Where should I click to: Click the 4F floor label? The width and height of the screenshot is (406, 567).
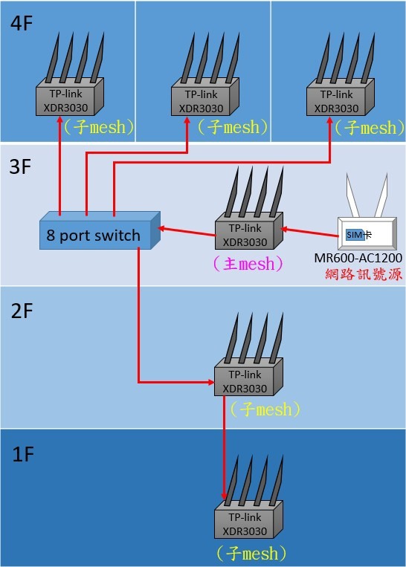coord(22,24)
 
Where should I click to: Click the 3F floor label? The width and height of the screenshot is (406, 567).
coord(20,166)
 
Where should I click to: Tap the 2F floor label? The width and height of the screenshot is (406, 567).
coord(22,311)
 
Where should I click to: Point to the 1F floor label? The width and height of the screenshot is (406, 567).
coord(23,454)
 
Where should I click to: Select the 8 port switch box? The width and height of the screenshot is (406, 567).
coord(100,230)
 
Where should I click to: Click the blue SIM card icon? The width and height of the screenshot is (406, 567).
coord(355,235)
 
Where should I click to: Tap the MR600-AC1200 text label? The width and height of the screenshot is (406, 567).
coord(358,258)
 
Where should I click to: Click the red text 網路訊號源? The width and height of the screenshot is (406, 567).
coord(364,274)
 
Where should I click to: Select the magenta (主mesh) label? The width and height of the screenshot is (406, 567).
coord(248,263)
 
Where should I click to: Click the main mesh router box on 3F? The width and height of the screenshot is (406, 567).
coord(249,230)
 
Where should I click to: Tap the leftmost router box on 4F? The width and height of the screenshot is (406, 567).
coord(69,97)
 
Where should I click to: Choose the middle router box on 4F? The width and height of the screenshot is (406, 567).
coord(204,97)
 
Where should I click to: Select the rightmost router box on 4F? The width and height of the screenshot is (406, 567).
coord(340,97)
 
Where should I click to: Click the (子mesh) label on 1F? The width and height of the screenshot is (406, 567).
coord(251,554)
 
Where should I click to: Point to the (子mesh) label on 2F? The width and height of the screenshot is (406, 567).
coord(265,409)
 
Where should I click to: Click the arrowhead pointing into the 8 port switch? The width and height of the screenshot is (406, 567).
coord(162,229)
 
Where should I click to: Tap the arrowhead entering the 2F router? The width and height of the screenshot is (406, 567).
coord(210,382)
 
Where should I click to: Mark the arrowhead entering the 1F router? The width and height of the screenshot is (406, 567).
coord(225,496)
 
